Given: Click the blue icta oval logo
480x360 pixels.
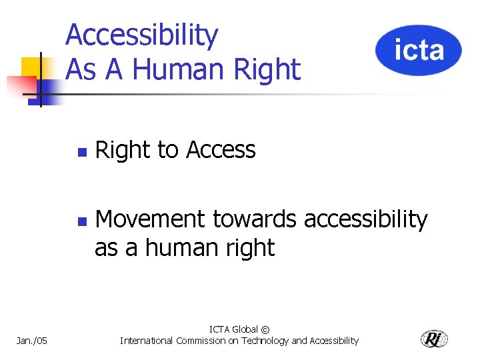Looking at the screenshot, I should pos(418,50).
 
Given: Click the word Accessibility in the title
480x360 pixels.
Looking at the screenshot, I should pos(142,36).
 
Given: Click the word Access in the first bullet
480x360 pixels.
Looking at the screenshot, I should pos(221,151).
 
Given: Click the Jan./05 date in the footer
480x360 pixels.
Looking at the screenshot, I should pos(31,341).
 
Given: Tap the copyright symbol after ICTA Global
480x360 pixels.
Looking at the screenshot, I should pos(265,329).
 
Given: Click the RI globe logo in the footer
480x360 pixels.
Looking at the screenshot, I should pos(434,339).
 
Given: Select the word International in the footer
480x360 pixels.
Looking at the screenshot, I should pos(146,341).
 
